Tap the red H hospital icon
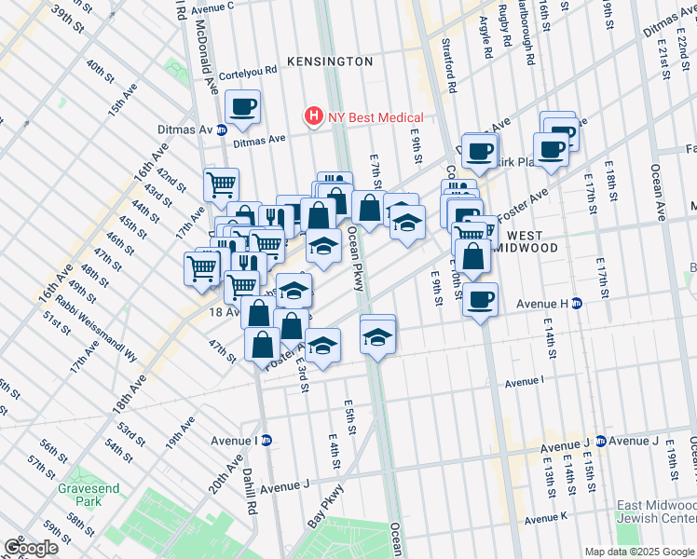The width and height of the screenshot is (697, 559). click(x=314, y=117)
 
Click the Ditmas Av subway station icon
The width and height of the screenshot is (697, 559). click(x=222, y=130)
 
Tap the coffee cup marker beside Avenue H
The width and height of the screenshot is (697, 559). click(x=480, y=300)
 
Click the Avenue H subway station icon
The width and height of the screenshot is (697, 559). click(x=577, y=303)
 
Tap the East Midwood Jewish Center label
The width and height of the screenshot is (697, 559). click(x=656, y=511)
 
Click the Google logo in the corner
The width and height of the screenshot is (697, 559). click(x=31, y=548)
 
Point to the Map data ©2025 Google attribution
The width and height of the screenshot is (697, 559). click(x=638, y=552)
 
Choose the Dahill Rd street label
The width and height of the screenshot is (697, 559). click(x=251, y=498)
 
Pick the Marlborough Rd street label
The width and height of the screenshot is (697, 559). click(x=528, y=42)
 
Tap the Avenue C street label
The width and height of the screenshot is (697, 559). click(x=212, y=7)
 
